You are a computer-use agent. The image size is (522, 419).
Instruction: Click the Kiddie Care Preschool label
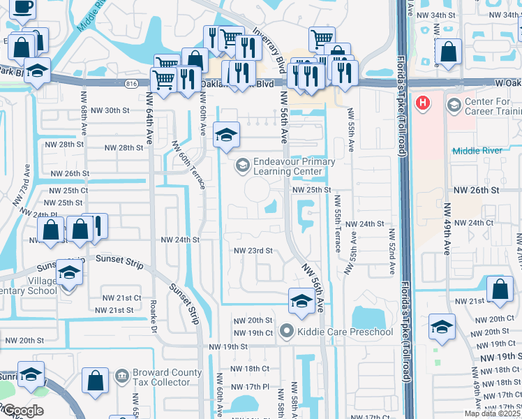(345, 331)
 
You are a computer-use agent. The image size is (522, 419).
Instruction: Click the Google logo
(22, 411)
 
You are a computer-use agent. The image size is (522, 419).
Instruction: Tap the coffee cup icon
(22, 7)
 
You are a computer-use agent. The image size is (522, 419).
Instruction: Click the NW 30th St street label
(106, 110)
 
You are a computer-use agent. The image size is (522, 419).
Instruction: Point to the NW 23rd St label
(252, 251)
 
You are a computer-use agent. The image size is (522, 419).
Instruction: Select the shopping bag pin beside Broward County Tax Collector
(96, 380)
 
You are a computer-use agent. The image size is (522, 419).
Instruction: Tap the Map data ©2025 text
(491, 413)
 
